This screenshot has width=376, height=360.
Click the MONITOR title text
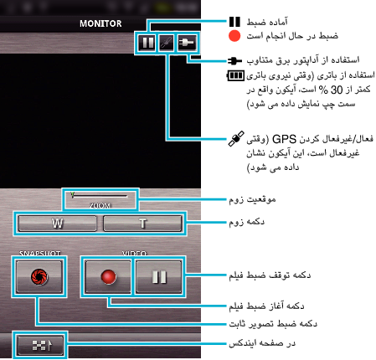(x=100, y=23)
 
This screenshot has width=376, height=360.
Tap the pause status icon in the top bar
(x=147, y=43)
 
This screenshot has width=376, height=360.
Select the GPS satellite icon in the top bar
(x=167, y=43)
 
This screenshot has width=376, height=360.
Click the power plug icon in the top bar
(x=187, y=43)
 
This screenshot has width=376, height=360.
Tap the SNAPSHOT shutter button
(x=39, y=276)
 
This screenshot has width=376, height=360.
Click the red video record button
(x=108, y=276)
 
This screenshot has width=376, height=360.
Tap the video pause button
(x=159, y=276)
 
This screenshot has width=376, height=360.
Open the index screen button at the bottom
(x=40, y=345)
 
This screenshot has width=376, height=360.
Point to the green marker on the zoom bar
(x=73, y=194)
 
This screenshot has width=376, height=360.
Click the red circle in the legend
(x=234, y=36)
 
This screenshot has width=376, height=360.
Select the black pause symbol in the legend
(x=234, y=22)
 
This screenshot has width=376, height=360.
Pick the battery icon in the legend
(x=235, y=75)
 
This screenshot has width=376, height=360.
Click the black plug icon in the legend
(x=234, y=60)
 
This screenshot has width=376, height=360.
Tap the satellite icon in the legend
(x=236, y=138)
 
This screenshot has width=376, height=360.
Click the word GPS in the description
(x=284, y=139)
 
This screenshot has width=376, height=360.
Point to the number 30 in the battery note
(x=337, y=90)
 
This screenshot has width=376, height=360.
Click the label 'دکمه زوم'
(x=246, y=222)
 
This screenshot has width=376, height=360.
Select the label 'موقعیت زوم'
(x=252, y=199)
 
